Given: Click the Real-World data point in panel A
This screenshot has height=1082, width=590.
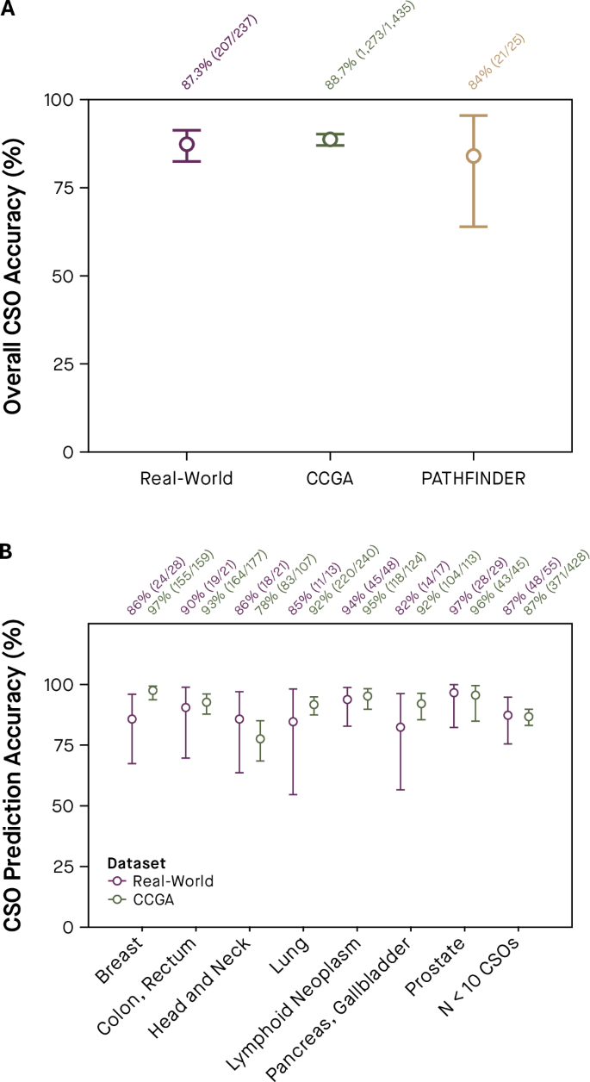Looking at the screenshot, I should click(x=187, y=144).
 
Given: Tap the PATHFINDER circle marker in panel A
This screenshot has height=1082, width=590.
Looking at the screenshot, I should click(x=473, y=156).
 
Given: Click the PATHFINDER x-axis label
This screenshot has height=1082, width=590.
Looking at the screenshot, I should click(x=473, y=478).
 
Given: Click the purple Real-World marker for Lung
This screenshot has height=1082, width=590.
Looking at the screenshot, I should click(x=293, y=721).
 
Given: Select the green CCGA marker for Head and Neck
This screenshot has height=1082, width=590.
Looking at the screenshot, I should click(x=260, y=739).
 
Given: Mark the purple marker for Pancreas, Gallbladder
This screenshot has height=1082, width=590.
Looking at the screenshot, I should click(x=401, y=727).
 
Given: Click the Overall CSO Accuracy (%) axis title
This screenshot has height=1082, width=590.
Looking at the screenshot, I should click(x=15, y=276).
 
